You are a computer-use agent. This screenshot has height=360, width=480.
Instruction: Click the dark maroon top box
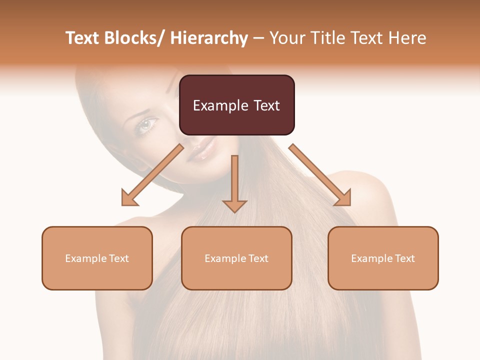tap(236, 105)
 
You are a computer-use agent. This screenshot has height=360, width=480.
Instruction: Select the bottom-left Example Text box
tap(97, 258)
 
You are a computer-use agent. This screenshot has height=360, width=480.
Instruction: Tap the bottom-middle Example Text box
tap(236, 258)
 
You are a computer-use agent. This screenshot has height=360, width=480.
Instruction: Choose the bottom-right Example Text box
tap(383, 258)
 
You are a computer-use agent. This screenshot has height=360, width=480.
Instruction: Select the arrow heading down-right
tap(320, 175)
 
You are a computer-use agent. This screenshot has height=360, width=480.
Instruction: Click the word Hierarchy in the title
tap(208, 38)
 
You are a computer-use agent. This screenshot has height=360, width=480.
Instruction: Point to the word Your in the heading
tap(286, 38)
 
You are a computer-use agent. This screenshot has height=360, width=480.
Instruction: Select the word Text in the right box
tap(404, 258)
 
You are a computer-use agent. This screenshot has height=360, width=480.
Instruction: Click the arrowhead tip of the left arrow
tap(123, 204)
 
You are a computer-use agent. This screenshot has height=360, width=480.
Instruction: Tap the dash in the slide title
tap(259, 38)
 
